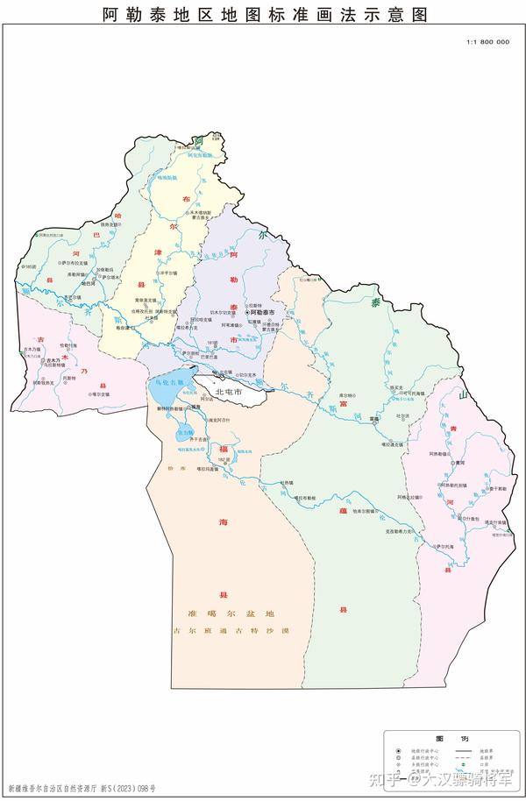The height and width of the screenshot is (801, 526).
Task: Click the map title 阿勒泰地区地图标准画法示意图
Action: click(x=263, y=14)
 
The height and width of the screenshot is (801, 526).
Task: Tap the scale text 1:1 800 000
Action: click(x=487, y=41)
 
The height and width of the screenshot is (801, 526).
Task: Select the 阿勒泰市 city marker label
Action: click(x=262, y=312)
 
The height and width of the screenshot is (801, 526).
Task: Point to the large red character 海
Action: click(x=224, y=521)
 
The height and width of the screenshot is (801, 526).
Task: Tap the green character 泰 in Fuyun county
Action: click(x=375, y=303)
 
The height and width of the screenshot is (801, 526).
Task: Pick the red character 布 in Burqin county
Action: click(x=186, y=200)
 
